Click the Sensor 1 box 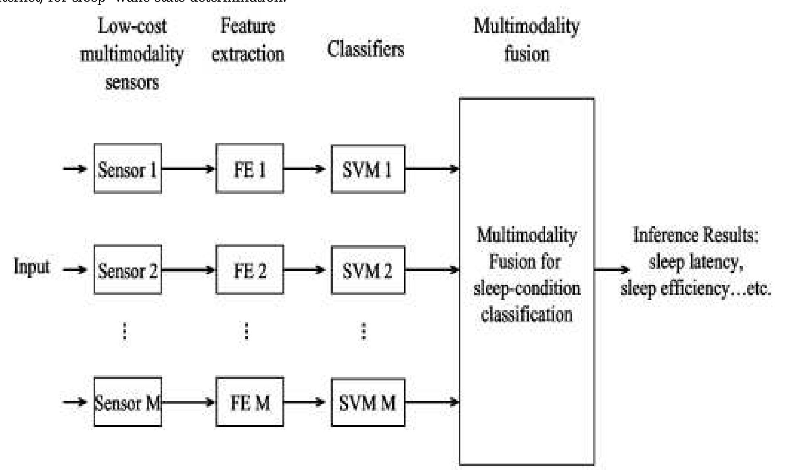(128, 169)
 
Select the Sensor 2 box (128, 269)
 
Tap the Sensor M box (128, 402)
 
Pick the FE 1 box (249, 169)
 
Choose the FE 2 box (249, 269)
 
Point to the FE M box (249, 402)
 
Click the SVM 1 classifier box (368, 169)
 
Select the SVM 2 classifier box (368, 269)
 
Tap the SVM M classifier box (368, 402)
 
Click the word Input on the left (31, 266)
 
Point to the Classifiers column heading (366, 49)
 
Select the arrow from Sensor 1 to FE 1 (188, 169)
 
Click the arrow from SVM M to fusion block (432, 402)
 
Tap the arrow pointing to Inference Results (612, 269)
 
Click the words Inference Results (696, 235)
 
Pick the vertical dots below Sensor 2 (125, 332)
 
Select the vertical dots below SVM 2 (364, 332)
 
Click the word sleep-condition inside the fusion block (527, 288)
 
